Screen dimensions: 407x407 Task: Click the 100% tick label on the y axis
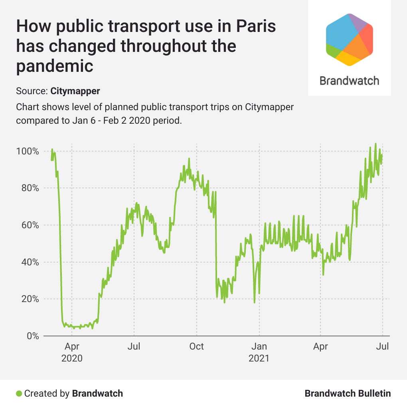(28, 152)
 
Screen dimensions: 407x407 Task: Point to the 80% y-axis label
(30, 188)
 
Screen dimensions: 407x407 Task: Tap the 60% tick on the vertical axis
(30, 225)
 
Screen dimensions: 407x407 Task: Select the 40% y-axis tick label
(30, 262)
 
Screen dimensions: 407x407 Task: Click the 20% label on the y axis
(30, 299)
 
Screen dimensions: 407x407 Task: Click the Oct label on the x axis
(196, 346)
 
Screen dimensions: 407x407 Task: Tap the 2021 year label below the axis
(259, 358)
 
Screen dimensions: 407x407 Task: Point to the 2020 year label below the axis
(72, 358)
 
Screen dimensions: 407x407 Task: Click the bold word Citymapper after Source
(75, 91)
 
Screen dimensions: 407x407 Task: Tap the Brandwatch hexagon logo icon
(349, 39)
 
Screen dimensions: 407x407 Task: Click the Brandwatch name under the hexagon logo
(349, 81)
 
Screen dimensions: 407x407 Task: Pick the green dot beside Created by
(19, 393)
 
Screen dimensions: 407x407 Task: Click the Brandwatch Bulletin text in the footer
(348, 393)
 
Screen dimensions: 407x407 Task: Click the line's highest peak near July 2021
(375, 144)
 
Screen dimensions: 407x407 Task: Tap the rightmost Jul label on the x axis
(383, 346)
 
